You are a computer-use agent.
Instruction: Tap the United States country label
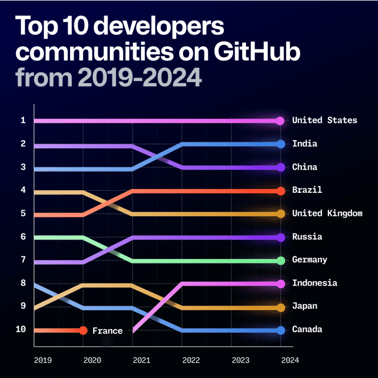click(324, 120)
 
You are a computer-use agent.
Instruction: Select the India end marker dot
click(281, 144)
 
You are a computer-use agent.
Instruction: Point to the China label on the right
click(305, 167)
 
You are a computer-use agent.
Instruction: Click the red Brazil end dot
click(281, 191)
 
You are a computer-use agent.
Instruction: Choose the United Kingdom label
click(326, 213)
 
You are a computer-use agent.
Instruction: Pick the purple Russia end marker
click(281, 237)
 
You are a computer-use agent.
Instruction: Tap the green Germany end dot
click(281, 261)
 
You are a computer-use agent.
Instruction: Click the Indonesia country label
click(314, 283)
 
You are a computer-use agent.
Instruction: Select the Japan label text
click(305, 306)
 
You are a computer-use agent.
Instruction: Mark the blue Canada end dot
click(281, 330)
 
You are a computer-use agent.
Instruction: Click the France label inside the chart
click(107, 331)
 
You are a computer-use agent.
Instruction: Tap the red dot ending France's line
click(83, 330)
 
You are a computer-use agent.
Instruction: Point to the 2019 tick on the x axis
click(42, 360)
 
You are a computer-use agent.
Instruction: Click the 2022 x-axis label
click(191, 360)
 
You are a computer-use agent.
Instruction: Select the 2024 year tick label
click(290, 360)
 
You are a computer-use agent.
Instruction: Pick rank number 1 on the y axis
click(23, 120)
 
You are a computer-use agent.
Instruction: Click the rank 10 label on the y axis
click(21, 330)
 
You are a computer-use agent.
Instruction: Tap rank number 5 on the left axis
click(23, 213)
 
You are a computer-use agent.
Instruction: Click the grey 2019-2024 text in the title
click(140, 77)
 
